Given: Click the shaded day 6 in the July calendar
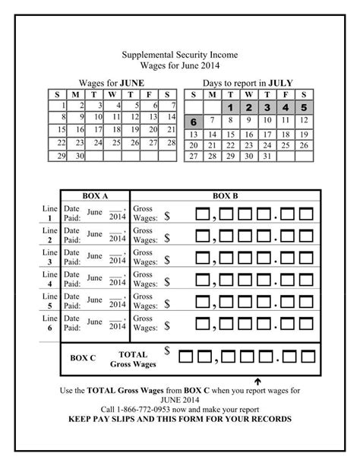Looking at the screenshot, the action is [x=194, y=122].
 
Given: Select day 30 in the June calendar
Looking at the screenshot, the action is [x=79, y=156].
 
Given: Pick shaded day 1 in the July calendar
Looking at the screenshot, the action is [x=229, y=107].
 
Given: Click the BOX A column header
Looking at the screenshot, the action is [x=95, y=195].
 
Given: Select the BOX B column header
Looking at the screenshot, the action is [x=226, y=195].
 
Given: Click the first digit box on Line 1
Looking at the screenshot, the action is [x=202, y=213].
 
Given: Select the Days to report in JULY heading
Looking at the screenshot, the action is [x=248, y=83].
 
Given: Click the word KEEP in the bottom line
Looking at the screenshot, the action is [x=81, y=419].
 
